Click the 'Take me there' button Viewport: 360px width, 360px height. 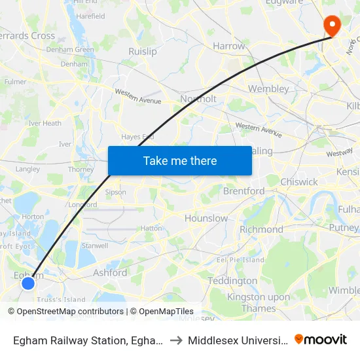point(180,160)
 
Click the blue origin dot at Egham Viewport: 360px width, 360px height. point(28,283)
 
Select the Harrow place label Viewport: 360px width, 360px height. point(229,46)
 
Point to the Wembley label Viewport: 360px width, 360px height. point(268,88)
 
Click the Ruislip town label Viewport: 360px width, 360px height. point(143,51)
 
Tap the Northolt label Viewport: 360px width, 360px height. point(198,99)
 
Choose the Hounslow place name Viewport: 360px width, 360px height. point(206,218)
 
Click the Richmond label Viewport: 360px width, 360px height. point(261,230)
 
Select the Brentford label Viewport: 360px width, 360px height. point(243,191)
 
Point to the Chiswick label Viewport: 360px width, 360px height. point(298,182)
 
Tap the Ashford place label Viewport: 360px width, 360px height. point(110,272)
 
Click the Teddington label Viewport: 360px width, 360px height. point(232,281)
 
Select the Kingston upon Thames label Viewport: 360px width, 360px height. point(258,303)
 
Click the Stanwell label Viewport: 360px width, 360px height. point(96,246)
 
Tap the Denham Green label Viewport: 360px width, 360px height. point(69,49)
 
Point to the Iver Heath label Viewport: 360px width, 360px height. point(45,123)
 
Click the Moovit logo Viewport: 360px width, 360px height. point(320,340)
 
